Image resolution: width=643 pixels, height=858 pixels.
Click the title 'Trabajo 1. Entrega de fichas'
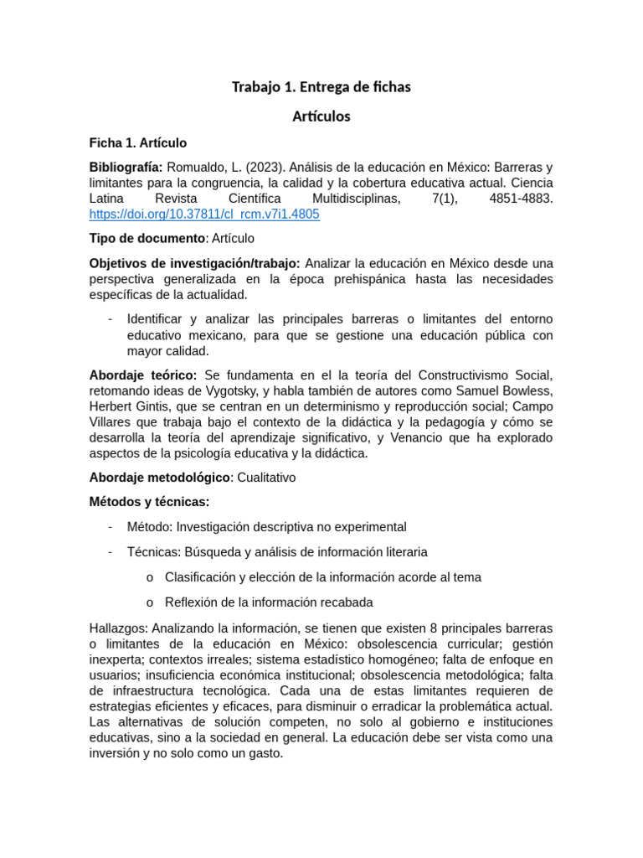click(x=321, y=87)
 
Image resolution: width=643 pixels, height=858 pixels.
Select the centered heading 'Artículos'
click(x=321, y=116)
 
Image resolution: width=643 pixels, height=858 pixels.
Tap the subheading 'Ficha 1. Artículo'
click(x=138, y=143)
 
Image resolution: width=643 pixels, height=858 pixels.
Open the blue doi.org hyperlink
click(x=204, y=214)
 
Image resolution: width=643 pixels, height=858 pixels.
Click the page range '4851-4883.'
click(x=520, y=199)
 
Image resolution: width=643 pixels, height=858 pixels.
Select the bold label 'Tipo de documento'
click(x=147, y=239)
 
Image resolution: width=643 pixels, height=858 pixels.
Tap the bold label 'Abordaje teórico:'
click(x=143, y=374)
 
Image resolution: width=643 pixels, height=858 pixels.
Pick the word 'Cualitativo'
click(x=266, y=478)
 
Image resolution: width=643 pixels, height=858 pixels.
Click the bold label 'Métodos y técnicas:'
click(x=149, y=502)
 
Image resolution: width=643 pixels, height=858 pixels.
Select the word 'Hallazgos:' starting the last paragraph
click(x=118, y=628)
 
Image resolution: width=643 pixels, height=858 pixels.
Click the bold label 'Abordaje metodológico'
click(x=159, y=478)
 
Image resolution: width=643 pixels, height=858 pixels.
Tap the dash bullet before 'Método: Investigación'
click(x=111, y=527)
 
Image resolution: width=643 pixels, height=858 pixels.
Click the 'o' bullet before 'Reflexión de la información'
click(x=149, y=602)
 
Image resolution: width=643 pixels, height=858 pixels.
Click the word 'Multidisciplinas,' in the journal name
click(x=356, y=199)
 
